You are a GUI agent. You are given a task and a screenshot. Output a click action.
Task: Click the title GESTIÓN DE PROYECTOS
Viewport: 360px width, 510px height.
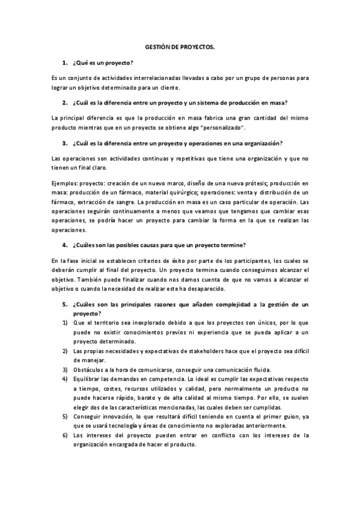point(180,46)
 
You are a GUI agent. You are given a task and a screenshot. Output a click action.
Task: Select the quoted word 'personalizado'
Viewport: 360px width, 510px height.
point(224,128)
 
